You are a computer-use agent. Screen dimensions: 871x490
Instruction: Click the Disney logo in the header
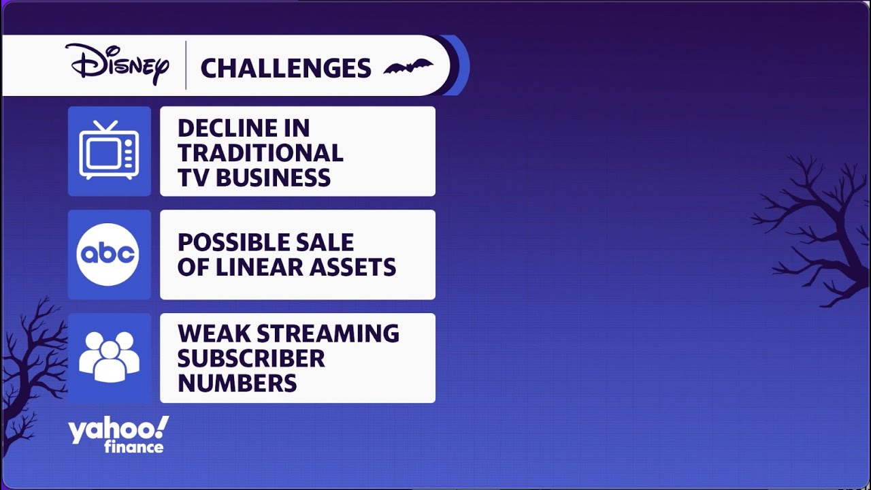tap(117, 64)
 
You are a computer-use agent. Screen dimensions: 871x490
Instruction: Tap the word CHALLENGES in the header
tap(286, 69)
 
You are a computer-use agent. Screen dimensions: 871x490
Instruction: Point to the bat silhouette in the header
tap(408, 67)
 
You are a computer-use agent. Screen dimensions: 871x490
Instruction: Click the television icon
tap(109, 150)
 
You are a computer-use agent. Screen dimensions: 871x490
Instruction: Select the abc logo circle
tap(108, 255)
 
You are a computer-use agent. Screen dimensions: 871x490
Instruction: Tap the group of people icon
tap(110, 357)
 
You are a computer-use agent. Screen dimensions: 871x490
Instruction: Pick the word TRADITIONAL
tap(261, 153)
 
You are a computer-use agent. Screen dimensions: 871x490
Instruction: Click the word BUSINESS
tap(273, 178)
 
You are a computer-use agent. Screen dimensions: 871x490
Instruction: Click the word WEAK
tap(213, 333)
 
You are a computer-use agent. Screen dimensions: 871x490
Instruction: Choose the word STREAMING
tap(328, 333)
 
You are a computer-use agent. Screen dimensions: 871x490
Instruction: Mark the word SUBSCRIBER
tap(251, 358)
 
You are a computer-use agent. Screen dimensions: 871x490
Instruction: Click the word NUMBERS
tap(237, 383)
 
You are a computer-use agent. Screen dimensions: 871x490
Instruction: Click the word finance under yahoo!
tap(134, 447)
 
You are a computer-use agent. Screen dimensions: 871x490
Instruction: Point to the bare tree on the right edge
tap(817, 229)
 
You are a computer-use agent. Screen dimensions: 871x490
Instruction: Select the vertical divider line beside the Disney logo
tap(186, 65)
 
